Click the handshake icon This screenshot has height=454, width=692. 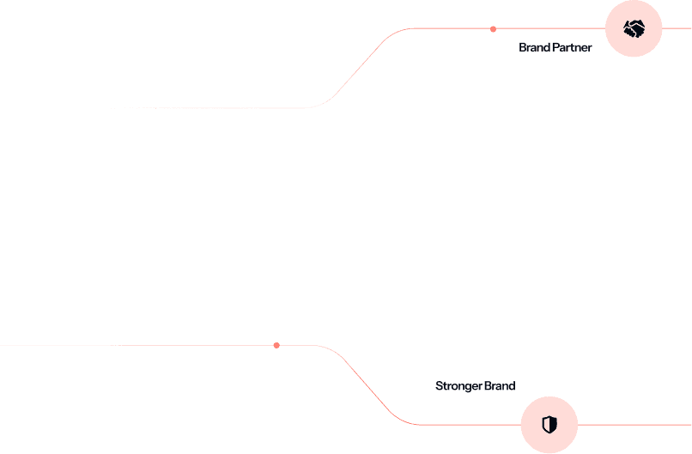[x=634, y=29]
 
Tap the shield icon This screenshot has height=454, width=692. [x=549, y=424]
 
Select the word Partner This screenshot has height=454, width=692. [x=572, y=48]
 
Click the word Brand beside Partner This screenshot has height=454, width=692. [x=534, y=48]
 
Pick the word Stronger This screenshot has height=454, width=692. [x=458, y=386]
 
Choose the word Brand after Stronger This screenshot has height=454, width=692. [x=500, y=386]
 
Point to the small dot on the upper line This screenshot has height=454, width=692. [x=493, y=29]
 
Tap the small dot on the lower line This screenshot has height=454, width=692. [x=276, y=345]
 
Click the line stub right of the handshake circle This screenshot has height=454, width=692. [x=677, y=28]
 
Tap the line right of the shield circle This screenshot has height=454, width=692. [x=635, y=424]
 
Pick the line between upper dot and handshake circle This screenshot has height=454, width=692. [x=549, y=28]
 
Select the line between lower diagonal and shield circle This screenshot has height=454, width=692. [x=468, y=424]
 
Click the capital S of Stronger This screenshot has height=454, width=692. [x=439, y=386]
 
